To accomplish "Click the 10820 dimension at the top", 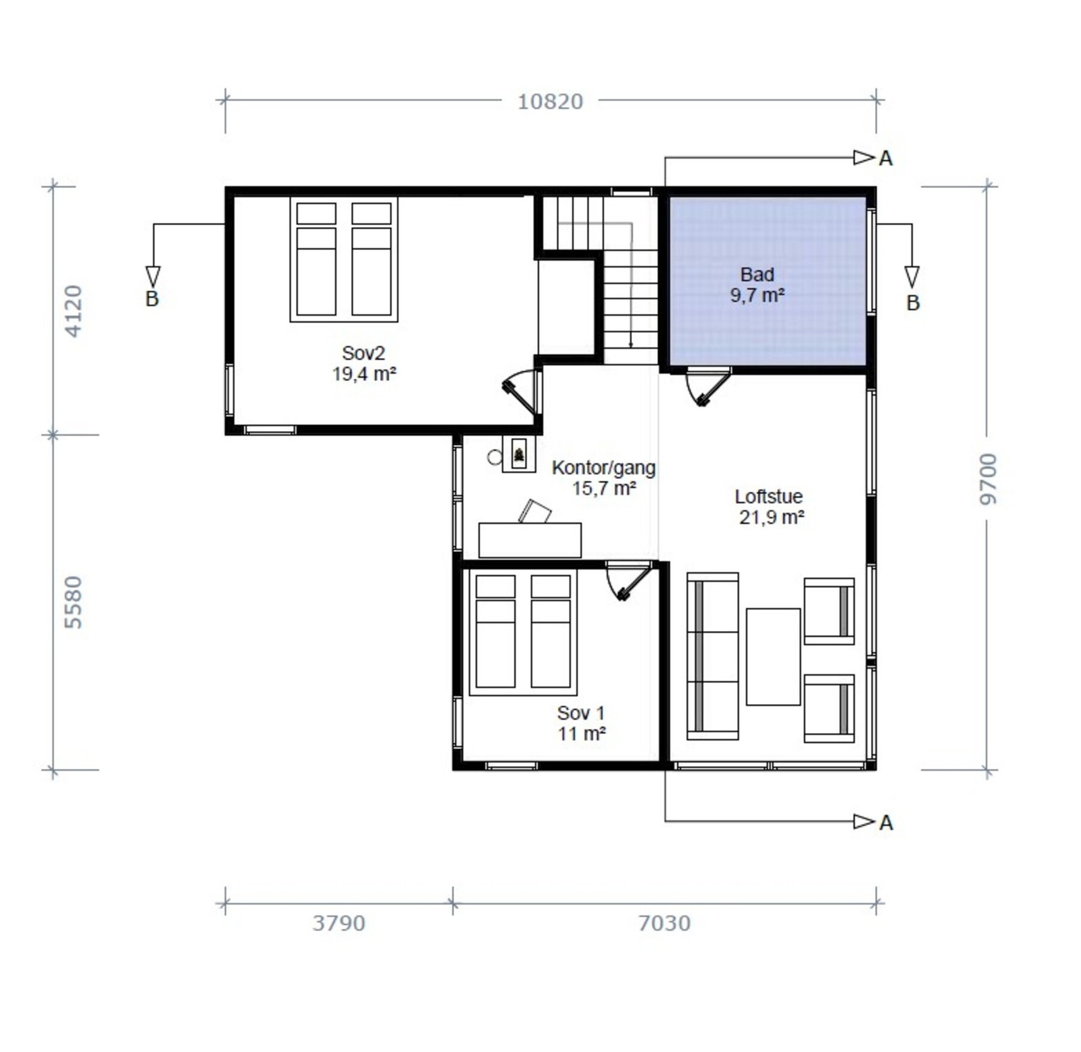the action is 550,101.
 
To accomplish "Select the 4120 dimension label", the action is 72,311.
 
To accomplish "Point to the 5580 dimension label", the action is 72,602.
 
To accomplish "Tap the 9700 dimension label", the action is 988,479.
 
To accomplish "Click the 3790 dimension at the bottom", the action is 338,923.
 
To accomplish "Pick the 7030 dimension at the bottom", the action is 664,923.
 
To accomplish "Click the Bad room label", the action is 757,275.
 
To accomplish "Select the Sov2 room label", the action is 363,353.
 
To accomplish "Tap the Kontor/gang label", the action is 603,468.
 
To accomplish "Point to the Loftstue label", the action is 769,497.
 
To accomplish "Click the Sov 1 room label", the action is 581,713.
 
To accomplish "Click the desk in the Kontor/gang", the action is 530,540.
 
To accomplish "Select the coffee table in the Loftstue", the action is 773,657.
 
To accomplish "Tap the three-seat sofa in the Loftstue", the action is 713,656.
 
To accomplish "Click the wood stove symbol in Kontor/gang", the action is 519,453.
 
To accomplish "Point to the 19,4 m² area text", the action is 363,374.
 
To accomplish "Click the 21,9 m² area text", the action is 772,518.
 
